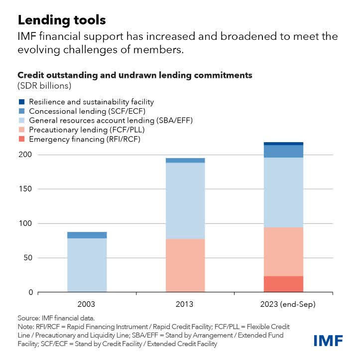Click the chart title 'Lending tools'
(x=62, y=20)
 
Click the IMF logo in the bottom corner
(x=329, y=341)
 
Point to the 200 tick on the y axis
(x=25, y=155)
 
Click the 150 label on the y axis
(x=25, y=189)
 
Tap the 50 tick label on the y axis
(x=27, y=258)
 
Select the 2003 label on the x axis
(x=87, y=303)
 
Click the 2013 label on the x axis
(x=185, y=303)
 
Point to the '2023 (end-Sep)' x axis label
(x=283, y=303)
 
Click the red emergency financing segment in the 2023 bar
(x=283, y=284)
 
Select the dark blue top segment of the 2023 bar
(x=283, y=144)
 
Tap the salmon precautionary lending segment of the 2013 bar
(x=185, y=265)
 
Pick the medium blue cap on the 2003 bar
(x=87, y=235)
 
